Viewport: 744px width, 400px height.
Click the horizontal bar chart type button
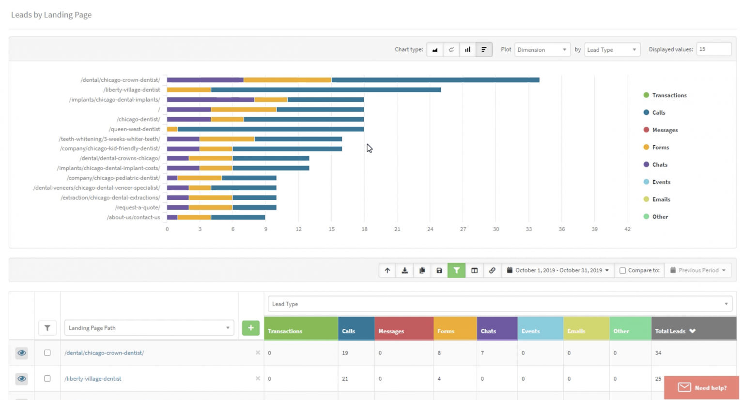484,49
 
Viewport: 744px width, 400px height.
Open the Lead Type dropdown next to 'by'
612,49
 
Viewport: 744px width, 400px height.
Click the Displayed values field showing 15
713,49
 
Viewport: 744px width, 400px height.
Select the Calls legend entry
658,112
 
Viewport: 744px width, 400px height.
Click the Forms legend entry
660,147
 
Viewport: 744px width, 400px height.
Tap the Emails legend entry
661,199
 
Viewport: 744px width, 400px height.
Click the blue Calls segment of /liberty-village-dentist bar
325,90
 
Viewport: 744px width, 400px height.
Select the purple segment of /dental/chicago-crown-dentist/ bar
205,80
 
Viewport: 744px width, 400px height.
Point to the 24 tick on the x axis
430,229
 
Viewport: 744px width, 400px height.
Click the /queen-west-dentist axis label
134,129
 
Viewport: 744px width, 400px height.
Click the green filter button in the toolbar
456,270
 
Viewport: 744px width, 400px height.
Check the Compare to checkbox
623,270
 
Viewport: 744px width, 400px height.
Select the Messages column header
391,331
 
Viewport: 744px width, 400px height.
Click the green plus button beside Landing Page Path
250,328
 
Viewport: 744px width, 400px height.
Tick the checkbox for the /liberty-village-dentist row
47,378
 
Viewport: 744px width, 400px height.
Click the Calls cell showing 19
345,353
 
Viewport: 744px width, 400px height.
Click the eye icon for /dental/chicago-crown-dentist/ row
22,353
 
